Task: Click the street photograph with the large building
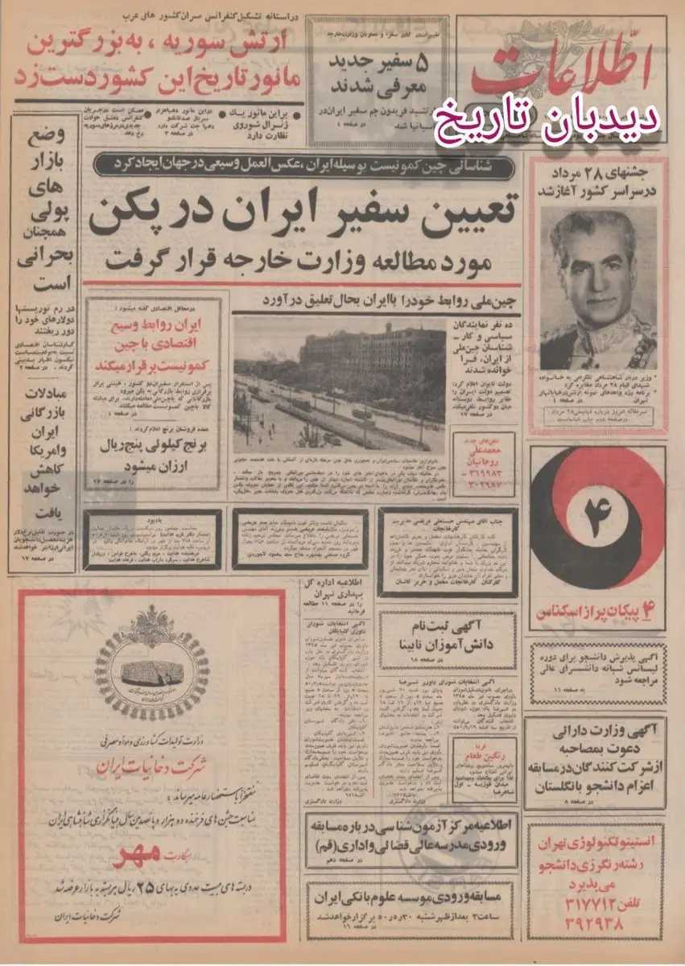(339, 385)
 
